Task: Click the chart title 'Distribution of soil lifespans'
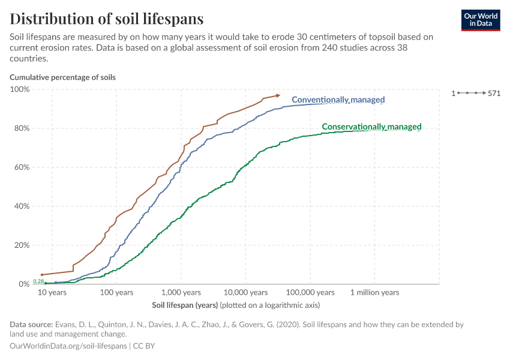click(x=106, y=19)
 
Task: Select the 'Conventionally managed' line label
click(x=338, y=100)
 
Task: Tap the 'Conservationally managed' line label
click(x=371, y=127)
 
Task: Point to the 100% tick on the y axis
click(x=21, y=89)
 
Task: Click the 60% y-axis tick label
click(x=23, y=167)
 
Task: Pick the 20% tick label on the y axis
click(x=23, y=245)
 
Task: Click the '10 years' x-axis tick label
click(x=52, y=292)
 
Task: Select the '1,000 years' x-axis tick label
click(x=181, y=292)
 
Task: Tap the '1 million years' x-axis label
click(x=374, y=292)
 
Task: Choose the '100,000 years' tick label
click(x=310, y=292)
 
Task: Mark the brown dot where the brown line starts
click(x=41, y=275)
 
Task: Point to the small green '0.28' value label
click(x=38, y=281)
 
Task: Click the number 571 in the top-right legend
click(x=494, y=93)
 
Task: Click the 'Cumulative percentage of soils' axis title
click(x=62, y=77)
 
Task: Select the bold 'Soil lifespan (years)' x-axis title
click(x=185, y=305)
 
